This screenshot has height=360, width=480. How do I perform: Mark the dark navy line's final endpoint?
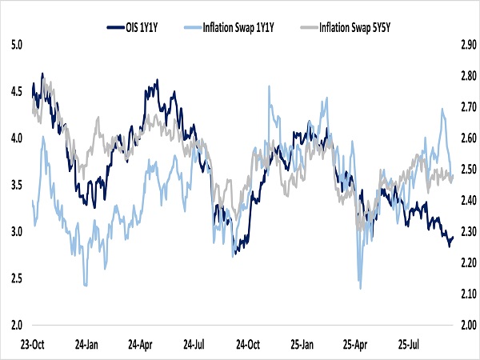click(453, 237)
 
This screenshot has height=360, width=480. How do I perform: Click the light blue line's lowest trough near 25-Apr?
click(361, 288)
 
